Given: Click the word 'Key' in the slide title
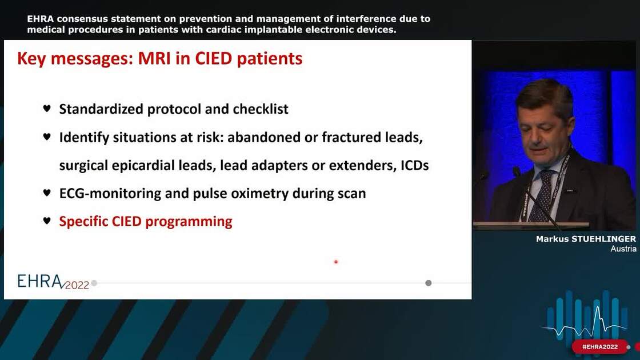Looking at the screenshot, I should (x=34, y=58).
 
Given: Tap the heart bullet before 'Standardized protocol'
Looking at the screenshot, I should (x=47, y=109).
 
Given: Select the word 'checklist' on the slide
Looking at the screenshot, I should (x=260, y=109).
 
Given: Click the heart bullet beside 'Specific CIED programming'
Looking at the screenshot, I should (x=47, y=221).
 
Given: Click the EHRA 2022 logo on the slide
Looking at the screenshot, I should (x=53, y=281).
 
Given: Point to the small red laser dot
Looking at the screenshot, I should (x=336, y=262).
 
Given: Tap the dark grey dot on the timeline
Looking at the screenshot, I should (x=428, y=283).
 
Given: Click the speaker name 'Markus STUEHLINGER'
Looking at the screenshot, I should (x=586, y=239).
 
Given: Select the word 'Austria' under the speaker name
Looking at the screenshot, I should (x=623, y=249).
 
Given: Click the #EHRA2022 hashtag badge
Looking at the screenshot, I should (x=599, y=347).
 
